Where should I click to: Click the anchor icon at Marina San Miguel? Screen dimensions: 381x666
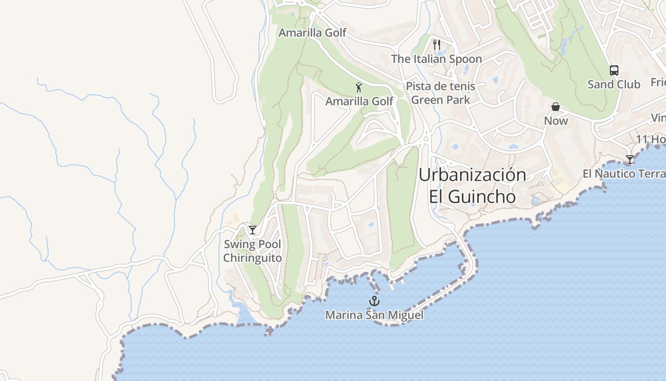(374, 301)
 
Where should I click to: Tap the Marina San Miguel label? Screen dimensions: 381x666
(374, 315)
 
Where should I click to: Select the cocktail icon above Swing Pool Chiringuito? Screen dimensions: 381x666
(253, 230)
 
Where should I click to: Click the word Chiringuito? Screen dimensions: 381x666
(253, 258)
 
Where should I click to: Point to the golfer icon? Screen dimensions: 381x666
(359, 87)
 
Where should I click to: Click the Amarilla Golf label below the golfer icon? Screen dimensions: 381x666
(359, 101)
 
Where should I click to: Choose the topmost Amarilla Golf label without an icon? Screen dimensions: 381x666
(312, 33)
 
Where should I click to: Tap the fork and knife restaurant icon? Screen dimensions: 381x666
(436, 45)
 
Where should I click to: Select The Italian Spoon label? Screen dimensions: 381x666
(436, 59)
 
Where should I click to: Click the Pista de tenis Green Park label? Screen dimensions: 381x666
(441, 93)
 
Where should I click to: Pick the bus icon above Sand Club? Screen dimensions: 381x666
(614, 70)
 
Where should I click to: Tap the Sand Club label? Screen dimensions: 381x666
(614, 85)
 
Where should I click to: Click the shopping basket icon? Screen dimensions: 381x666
(556, 106)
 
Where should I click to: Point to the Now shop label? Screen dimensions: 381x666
(556, 121)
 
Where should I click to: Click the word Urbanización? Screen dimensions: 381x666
(472, 175)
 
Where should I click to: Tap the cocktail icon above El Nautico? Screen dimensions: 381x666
(630, 159)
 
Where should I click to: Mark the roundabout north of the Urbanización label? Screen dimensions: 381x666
(426, 139)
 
